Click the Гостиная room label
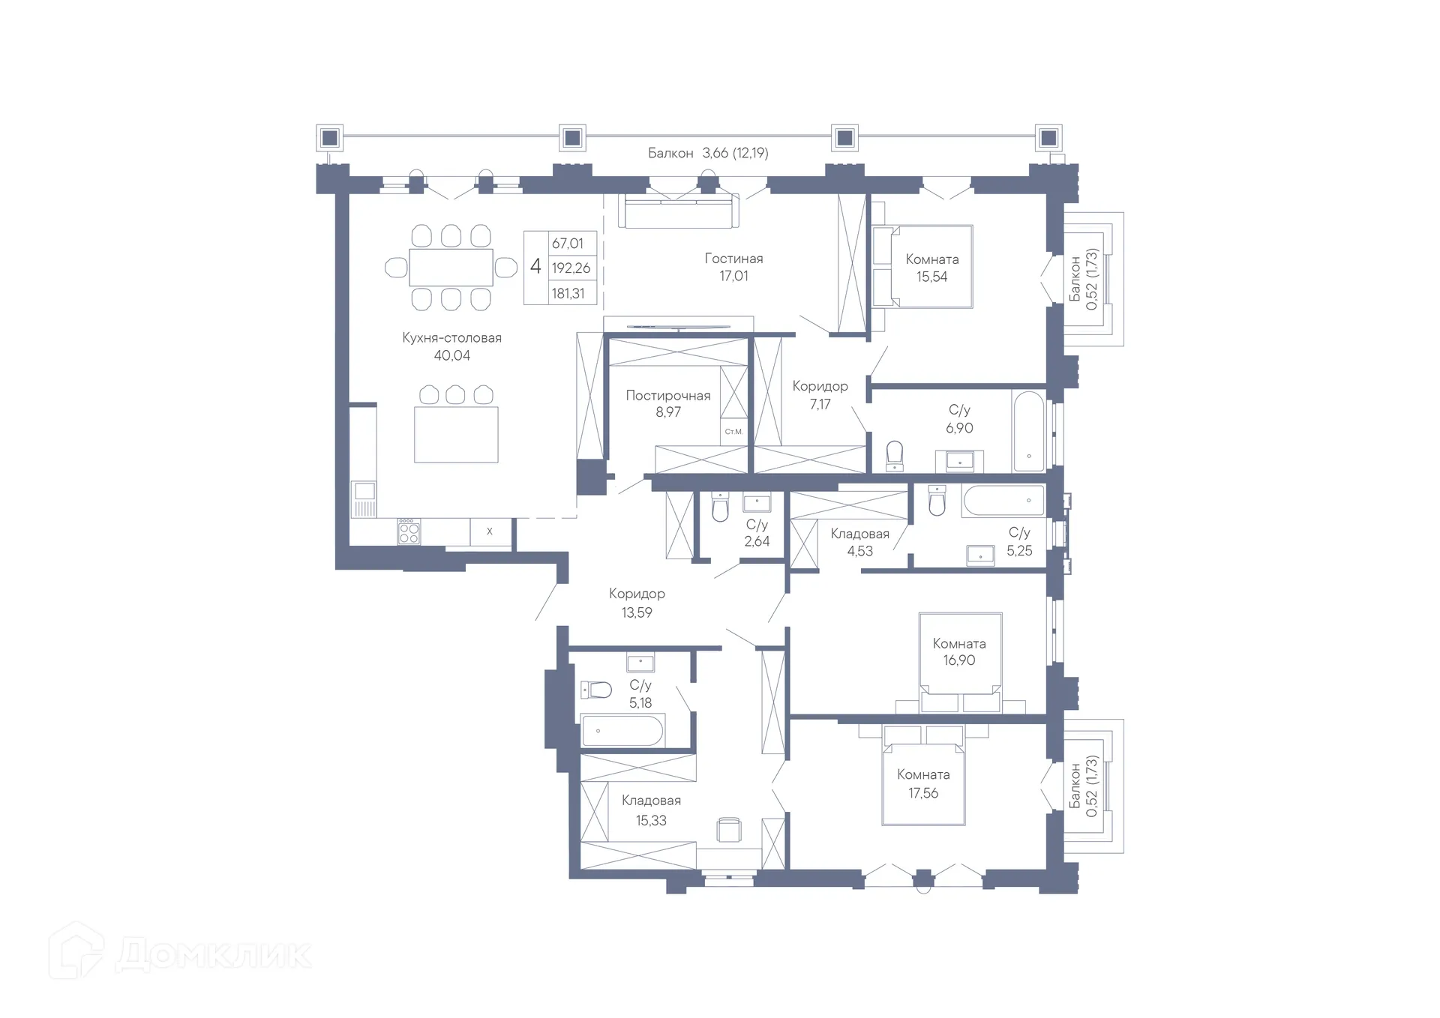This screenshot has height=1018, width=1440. [x=733, y=259]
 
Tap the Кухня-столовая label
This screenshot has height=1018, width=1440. [x=451, y=338]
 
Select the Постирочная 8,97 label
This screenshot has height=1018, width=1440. [x=668, y=403]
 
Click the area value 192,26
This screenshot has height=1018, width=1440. [x=571, y=268]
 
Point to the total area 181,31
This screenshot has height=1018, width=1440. [x=568, y=294]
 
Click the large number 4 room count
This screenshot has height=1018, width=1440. [x=535, y=266]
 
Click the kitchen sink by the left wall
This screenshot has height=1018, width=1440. [x=364, y=499]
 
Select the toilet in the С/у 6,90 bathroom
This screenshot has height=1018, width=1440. [x=895, y=456]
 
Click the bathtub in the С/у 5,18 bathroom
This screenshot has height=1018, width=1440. [x=622, y=731]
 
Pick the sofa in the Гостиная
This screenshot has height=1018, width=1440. [x=679, y=211]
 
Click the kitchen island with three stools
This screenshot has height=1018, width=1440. [x=456, y=435]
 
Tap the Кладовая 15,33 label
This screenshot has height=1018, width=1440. [x=651, y=810]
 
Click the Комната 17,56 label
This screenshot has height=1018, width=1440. [x=923, y=783]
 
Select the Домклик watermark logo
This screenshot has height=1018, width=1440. [x=180, y=953]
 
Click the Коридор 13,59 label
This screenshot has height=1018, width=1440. [x=637, y=603]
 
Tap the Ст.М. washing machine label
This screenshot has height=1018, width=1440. [x=733, y=432]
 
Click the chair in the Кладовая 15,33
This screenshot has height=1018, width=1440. [x=729, y=830]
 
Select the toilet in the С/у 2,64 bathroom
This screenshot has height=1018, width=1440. [x=720, y=507]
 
